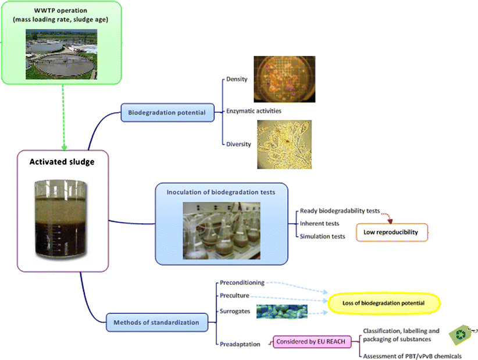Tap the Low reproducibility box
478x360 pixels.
click(391, 232)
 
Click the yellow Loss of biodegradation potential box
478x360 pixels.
click(383, 303)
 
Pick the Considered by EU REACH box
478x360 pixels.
click(312, 342)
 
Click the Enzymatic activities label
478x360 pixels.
click(254, 111)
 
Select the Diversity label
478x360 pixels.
click(239, 144)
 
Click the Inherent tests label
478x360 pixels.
click(320, 223)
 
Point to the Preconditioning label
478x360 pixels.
click(242, 283)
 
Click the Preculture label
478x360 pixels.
click(234, 296)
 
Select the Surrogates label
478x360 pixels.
click(235, 311)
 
